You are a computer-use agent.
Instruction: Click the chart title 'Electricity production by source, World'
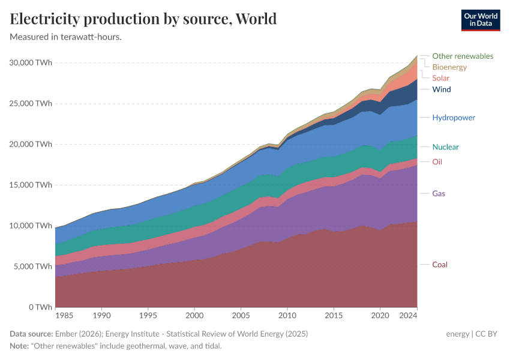[x=143, y=19]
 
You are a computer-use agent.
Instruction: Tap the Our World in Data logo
[x=481, y=20]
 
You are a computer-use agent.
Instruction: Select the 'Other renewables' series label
[x=462, y=56]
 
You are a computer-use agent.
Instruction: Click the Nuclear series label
[x=445, y=147]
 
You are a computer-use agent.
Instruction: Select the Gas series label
[x=439, y=194]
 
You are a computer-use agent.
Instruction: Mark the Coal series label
[x=440, y=265]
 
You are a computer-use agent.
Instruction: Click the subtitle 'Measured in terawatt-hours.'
[x=66, y=37]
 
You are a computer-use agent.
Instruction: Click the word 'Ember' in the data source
[x=65, y=334]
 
